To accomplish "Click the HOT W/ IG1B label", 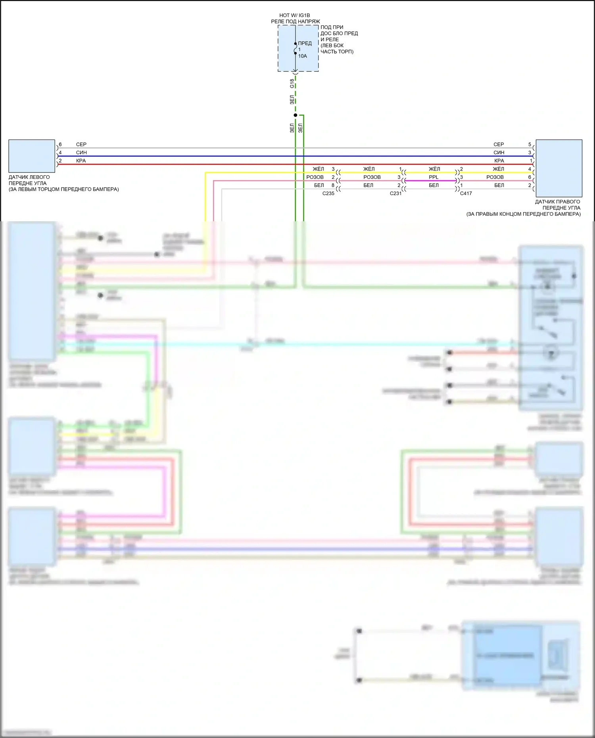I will click(294, 15).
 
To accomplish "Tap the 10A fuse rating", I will click(302, 56).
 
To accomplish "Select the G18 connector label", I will click(292, 83).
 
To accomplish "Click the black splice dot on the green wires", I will click(296, 115).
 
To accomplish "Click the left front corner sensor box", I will click(32, 156).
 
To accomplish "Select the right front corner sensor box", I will click(559, 168).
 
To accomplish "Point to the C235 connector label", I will click(328, 194).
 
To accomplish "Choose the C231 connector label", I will click(395, 194).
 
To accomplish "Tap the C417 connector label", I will click(466, 194).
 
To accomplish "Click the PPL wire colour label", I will click(434, 177).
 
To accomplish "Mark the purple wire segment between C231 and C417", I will click(430, 181).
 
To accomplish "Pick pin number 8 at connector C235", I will click(333, 185).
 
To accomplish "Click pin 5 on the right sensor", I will click(530, 145).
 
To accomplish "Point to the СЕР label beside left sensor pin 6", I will click(81, 145).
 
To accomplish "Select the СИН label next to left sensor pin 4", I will click(81, 153).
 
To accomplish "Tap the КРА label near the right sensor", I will click(499, 161).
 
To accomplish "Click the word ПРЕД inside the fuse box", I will click(305, 44).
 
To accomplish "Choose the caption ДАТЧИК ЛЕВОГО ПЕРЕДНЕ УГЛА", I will click(29, 180).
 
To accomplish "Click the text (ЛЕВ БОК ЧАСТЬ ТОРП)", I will click(337, 49).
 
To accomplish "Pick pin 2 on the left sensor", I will click(60, 161).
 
